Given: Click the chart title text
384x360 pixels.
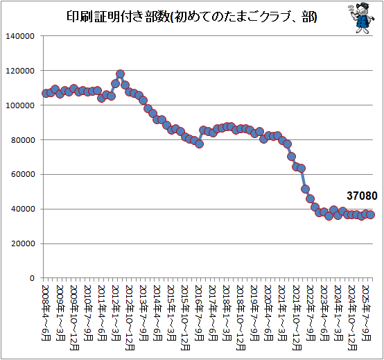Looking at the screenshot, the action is (192, 17).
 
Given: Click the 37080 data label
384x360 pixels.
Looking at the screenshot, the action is (362, 196).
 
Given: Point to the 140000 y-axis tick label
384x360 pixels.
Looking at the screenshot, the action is (20, 36).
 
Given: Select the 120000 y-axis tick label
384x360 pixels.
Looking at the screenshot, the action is (20, 71).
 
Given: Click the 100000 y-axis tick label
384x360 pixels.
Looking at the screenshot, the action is (20, 105).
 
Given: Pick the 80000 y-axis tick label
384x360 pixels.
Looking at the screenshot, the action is (23, 140).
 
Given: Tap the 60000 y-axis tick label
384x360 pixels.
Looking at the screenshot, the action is (23, 175).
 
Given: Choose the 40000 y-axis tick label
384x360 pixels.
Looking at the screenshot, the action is (23, 209).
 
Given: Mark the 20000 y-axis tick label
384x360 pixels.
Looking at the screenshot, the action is (23, 244).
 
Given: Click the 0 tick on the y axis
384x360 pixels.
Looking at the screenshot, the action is (32, 278).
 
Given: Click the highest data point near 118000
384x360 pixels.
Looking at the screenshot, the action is (120, 74).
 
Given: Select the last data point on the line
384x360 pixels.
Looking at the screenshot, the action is (371, 214).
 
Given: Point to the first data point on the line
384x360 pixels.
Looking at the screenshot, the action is (46, 93).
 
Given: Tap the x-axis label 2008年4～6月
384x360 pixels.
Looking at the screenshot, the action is (46, 313).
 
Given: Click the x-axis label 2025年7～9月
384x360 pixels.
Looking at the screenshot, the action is (367, 313).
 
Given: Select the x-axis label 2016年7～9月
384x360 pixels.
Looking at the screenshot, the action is (200, 313).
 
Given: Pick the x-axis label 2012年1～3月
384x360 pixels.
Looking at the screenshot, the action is (116, 313).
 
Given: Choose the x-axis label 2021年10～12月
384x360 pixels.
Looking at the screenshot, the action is (297, 318).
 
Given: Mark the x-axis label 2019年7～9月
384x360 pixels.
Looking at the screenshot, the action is (255, 313).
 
